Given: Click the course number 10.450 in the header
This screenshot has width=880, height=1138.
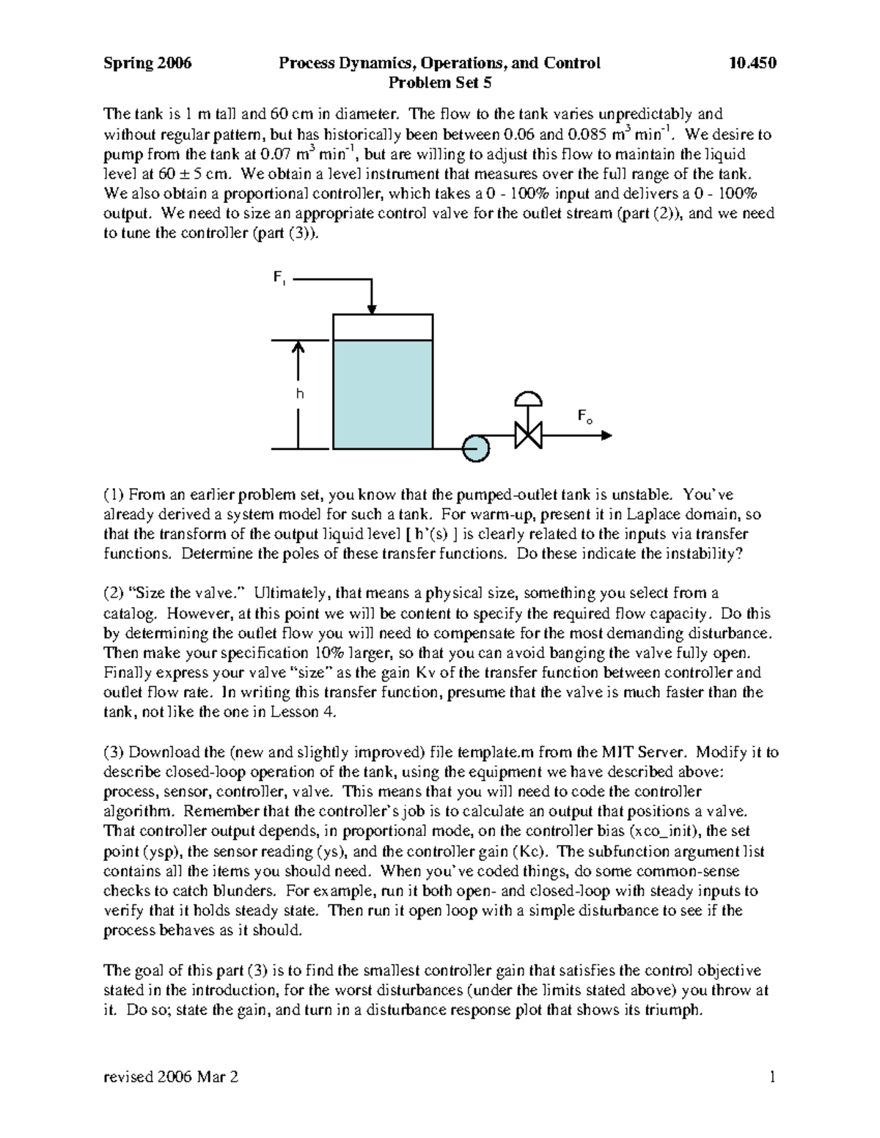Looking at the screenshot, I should click(x=752, y=63).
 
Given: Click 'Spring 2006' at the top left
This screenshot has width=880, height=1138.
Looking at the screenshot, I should click(x=147, y=63).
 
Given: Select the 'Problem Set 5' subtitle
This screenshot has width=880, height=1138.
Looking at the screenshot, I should click(x=439, y=83).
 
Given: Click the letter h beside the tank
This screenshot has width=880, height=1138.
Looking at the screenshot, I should click(x=299, y=394).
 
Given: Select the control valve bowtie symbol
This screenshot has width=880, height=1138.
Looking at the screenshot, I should click(x=528, y=435).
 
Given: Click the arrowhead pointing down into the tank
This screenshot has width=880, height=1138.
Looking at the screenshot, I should click(x=372, y=307).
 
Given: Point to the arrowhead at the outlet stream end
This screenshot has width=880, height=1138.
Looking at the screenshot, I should click(x=606, y=435).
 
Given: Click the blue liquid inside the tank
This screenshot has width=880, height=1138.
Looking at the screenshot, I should click(x=382, y=394).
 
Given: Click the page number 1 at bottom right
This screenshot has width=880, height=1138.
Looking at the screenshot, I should click(x=772, y=1077).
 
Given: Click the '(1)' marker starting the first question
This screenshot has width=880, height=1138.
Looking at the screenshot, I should click(x=114, y=495).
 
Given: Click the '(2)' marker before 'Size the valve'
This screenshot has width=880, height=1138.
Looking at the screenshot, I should click(x=114, y=594).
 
